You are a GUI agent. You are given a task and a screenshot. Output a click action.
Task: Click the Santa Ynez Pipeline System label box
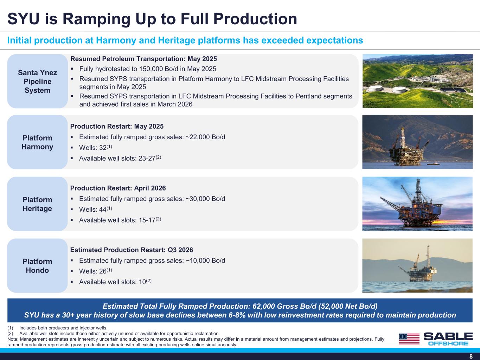pyautogui.click(x=37, y=81)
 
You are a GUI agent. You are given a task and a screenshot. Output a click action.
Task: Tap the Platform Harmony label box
pyautogui.click(x=37, y=142)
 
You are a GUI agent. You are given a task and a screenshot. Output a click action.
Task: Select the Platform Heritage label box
pyautogui.click(x=37, y=204)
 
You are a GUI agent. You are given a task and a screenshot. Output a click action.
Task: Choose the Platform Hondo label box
pyautogui.click(x=37, y=265)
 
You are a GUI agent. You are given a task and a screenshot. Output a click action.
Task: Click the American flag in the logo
pyautogui.click(x=409, y=339)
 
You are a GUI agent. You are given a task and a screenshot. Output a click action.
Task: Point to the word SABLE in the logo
pyautogui.click(x=448, y=336)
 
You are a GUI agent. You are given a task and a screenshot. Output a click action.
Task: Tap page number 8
pyautogui.click(x=471, y=356)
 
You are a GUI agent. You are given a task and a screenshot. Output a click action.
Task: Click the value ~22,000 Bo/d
pyautogui.click(x=205, y=137)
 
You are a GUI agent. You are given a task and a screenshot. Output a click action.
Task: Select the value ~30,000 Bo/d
pyautogui.click(x=205, y=199)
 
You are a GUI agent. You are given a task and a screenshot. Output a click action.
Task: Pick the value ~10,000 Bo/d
pyautogui.click(x=205, y=261)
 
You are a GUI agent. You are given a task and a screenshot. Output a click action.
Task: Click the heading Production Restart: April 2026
pyautogui.click(x=118, y=188)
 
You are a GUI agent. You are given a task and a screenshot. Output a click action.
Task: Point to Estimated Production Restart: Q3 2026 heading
pyautogui.click(x=132, y=250)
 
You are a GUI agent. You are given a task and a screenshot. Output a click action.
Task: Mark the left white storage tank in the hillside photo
pyautogui.click(x=376, y=88)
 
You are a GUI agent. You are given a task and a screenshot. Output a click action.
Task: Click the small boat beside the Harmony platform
pyautogui.click(x=434, y=163)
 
